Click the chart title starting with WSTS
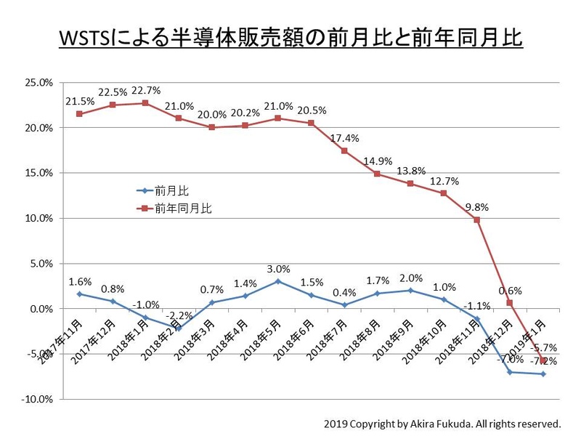pos(290,38)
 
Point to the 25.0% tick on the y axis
pos(38,82)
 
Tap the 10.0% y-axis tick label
pos(38,218)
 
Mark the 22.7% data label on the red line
pos(145,90)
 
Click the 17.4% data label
pos(344,137)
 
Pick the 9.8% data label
pos(476,206)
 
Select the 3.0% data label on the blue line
pos(278,268)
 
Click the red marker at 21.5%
pos(79,114)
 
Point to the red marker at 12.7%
pos(444,193)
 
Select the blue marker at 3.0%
pos(278,281)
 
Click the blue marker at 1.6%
pos(79,294)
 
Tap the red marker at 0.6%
pos(510,303)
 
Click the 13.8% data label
pos(410,171)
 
